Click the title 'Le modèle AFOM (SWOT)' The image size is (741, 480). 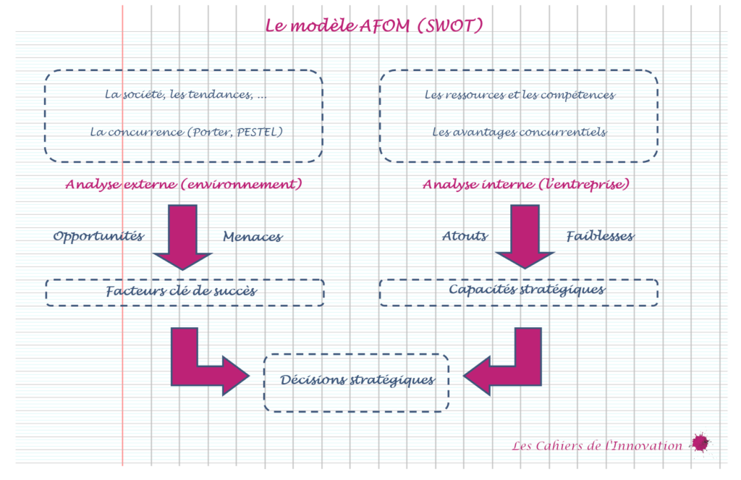point(374,26)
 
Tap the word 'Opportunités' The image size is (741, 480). point(98,237)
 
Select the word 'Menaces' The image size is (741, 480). point(253,237)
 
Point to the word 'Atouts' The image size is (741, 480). point(465,236)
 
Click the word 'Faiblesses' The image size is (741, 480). point(600,236)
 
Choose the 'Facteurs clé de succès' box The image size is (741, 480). point(185,292)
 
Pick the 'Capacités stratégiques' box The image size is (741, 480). point(518,290)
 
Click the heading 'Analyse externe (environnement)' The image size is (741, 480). point(183,185)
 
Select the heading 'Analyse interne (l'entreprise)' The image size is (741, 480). point(526,185)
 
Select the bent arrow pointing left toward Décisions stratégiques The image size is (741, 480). point(507,363)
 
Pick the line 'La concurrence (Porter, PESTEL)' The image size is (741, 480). point(186,132)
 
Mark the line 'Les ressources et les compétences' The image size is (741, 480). point(520,95)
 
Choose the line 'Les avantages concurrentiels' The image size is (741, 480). point(520,132)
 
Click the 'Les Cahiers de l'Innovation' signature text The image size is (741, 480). point(597,446)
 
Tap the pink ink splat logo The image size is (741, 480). point(700,442)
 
